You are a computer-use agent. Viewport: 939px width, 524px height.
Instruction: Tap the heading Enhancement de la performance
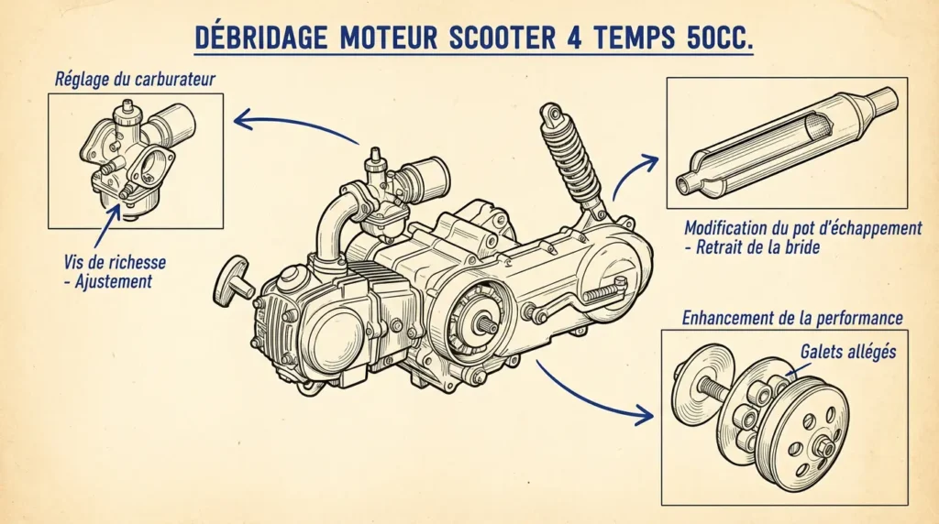(792, 318)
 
